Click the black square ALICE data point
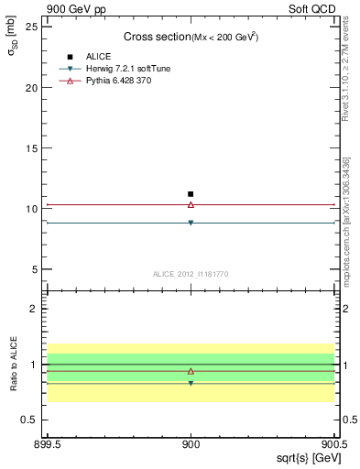(191, 194)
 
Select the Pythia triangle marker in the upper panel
(191, 204)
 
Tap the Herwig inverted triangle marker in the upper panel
(191, 223)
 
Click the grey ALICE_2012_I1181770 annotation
(191, 274)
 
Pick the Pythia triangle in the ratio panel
(191, 371)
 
